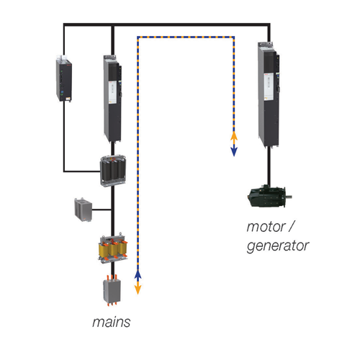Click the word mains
(x=112, y=322)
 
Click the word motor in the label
(x=266, y=227)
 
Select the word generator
(x=278, y=246)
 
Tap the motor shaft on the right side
(x=289, y=197)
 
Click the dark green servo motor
(x=267, y=196)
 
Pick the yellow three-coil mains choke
(x=113, y=249)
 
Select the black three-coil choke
(x=113, y=171)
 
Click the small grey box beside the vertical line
(x=84, y=210)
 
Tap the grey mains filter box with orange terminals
(x=112, y=290)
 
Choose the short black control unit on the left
(x=64, y=78)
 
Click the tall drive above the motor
(x=269, y=94)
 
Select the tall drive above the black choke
(x=112, y=99)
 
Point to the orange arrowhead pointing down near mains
(x=138, y=289)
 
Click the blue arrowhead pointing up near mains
(x=138, y=274)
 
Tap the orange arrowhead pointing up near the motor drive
(x=234, y=136)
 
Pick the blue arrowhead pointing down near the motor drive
(x=234, y=152)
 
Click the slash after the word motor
(x=291, y=226)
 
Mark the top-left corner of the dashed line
(x=138, y=37)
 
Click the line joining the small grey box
(x=102, y=210)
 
